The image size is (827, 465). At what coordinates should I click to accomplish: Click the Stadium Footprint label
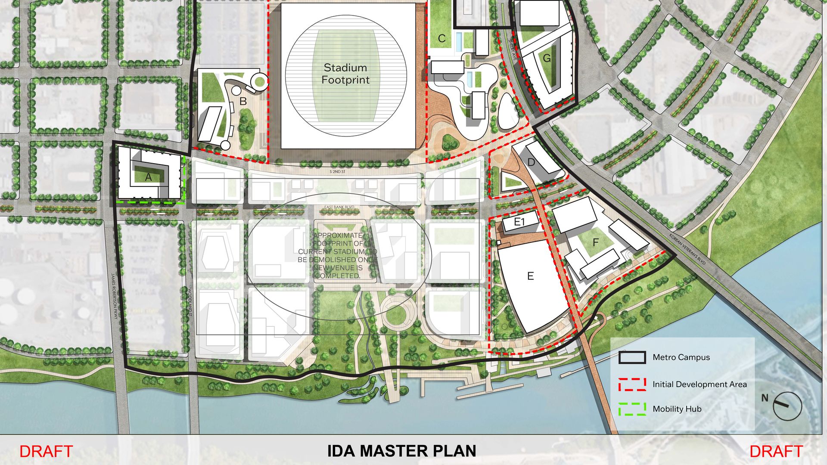click(345, 74)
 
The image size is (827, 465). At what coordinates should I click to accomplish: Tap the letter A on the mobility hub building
click(149, 177)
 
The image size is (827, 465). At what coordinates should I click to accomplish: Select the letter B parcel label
click(243, 102)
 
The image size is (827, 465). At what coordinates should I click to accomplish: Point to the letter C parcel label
click(441, 39)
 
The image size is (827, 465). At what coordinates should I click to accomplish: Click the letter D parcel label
click(531, 162)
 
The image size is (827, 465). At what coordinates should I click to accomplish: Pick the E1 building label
click(519, 222)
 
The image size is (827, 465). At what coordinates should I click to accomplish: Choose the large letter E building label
click(530, 276)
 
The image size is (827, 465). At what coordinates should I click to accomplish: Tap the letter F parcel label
click(596, 243)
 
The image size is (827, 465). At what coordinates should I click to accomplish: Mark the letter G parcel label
click(547, 58)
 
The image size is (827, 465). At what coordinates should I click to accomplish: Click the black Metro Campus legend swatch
click(632, 357)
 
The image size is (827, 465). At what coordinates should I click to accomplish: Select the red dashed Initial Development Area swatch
click(632, 384)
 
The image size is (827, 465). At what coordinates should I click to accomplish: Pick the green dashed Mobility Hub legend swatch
click(632, 409)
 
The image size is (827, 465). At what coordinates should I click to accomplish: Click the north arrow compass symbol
click(787, 406)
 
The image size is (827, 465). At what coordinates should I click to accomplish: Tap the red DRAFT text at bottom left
click(46, 451)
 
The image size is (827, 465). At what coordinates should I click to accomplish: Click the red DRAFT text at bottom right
click(776, 451)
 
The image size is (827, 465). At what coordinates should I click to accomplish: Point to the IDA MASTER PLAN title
click(401, 451)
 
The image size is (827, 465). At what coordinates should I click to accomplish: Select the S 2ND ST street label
click(337, 171)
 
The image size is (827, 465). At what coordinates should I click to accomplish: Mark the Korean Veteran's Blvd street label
click(687, 249)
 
